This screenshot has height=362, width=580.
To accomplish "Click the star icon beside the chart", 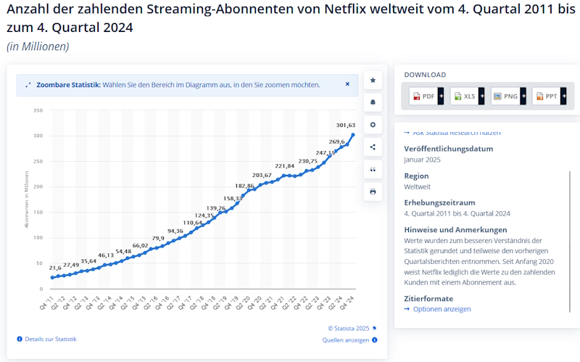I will click(x=373, y=80).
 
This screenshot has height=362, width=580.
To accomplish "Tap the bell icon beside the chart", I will click(x=373, y=102).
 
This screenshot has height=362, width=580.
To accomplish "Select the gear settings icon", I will click(x=373, y=125).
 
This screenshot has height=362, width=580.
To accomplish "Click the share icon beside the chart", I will click(x=373, y=147).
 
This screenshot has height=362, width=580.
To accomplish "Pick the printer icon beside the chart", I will click(x=373, y=192).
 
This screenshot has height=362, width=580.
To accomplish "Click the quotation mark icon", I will click(x=373, y=169).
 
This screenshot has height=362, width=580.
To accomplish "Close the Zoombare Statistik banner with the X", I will click(x=347, y=84).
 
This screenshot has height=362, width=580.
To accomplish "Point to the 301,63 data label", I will click(x=345, y=125).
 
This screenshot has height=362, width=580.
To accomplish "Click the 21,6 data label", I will click(x=55, y=268).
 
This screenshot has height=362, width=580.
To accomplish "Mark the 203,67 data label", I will click(x=262, y=175).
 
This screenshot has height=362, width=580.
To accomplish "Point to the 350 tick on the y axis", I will click(x=38, y=111).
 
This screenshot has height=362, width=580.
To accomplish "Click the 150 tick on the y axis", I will click(x=38, y=213).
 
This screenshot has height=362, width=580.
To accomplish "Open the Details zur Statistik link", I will click(x=49, y=339).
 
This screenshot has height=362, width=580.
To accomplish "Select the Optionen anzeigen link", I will click(x=442, y=309).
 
